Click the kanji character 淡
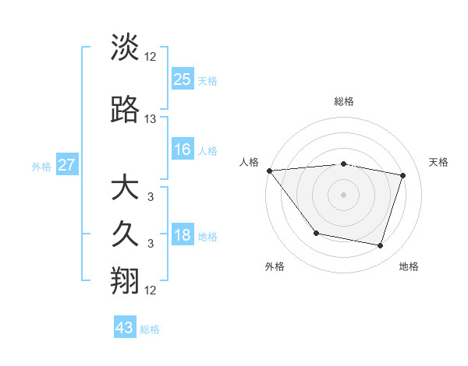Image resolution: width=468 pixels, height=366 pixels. point(125,48)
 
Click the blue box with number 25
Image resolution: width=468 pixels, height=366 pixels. point(183,79)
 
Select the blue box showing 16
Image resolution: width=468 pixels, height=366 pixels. point(183,150)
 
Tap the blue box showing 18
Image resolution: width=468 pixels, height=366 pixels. point(183,235)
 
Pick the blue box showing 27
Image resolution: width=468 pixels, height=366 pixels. point(67,165)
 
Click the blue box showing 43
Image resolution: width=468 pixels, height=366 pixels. point(125,328)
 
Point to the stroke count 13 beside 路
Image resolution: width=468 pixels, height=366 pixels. point(151,119)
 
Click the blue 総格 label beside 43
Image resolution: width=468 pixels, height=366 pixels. point(150,329)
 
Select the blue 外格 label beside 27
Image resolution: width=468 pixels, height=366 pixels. point(41,166)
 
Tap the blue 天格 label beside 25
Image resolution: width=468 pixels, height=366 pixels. point(207,80)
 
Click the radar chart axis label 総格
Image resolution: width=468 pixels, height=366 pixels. point(343,101)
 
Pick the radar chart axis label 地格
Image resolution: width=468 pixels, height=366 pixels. point(409,266)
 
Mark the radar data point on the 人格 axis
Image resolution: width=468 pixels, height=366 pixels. point(269,171)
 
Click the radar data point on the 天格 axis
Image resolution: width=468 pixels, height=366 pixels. point(403,175)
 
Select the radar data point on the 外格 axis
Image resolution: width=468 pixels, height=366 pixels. point(316,233)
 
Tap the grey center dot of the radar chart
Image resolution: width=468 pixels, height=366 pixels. point(343,195)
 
